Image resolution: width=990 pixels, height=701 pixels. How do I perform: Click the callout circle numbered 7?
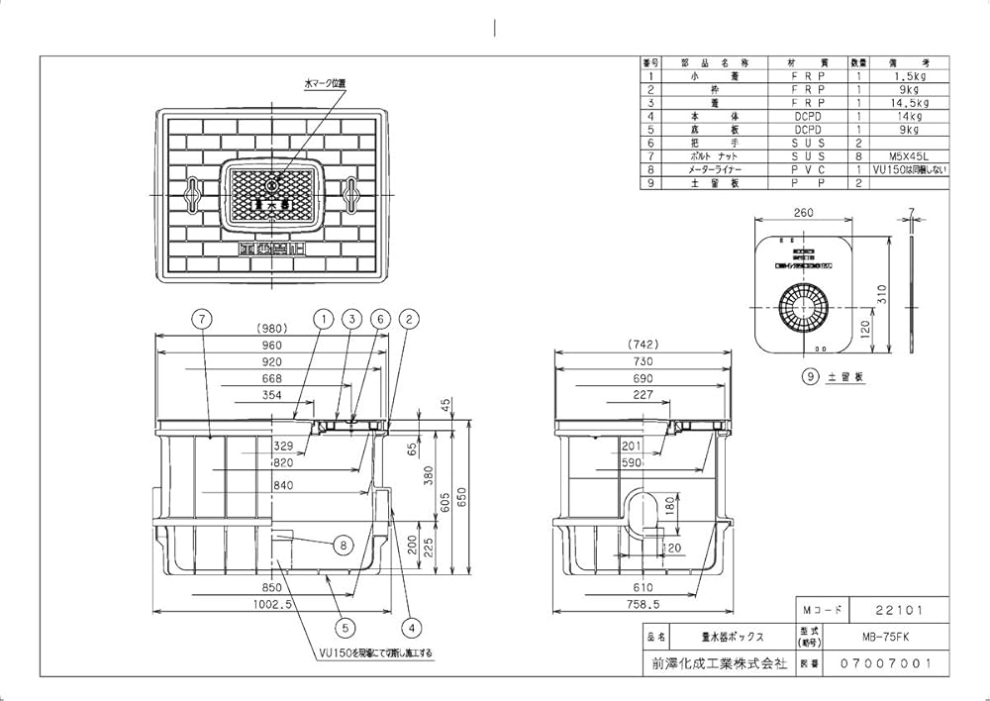pos(201,319)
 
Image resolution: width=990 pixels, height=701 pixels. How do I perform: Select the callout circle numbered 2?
pos(408,319)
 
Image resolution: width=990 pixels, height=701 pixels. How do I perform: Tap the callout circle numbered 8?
pos(343,544)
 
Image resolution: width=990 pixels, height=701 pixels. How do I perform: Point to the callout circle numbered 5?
pos(345,626)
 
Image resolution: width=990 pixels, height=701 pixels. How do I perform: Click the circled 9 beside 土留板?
pos(809,377)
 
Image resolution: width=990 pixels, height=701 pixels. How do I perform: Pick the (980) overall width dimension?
pos(271,331)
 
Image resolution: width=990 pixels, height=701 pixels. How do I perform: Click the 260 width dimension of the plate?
pos(803,212)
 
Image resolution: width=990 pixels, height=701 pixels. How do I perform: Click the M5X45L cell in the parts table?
pos(908,156)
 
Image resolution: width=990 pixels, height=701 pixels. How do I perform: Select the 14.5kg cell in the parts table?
pos(908,102)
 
